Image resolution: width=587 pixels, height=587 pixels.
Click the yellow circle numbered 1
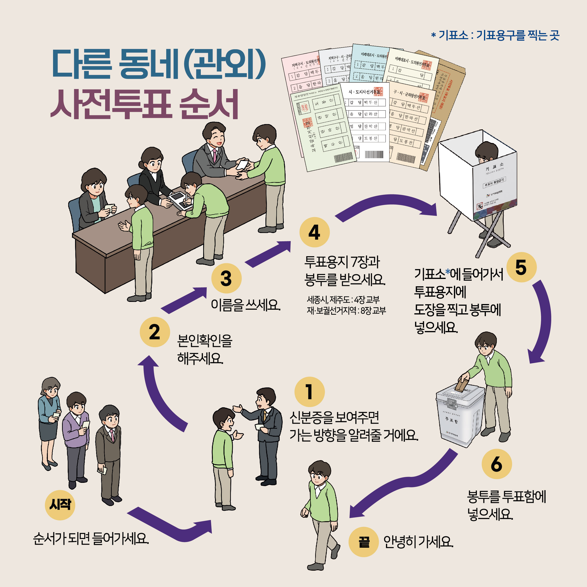309,392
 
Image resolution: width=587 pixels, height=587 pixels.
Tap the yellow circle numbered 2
155,332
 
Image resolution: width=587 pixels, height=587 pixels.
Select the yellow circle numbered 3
226,278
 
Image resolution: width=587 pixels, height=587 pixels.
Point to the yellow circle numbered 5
521,267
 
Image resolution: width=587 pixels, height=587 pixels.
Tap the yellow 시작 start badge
60,505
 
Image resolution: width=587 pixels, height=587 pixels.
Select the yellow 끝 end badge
364,542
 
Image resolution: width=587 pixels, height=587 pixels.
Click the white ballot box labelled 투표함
459,416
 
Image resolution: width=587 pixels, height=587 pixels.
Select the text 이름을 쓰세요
246,305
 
